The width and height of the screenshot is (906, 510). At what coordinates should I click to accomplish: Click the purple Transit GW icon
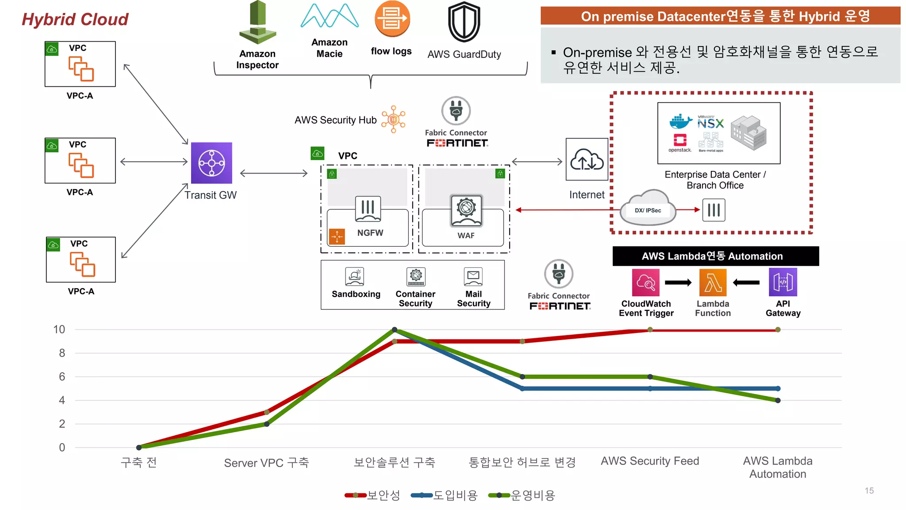211,162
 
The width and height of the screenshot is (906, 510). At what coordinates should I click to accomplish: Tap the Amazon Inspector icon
257,22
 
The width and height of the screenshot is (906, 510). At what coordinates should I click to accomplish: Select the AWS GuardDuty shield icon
464,22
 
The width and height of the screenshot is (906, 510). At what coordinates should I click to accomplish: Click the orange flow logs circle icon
392,19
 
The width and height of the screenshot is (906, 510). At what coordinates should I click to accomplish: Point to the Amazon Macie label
330,48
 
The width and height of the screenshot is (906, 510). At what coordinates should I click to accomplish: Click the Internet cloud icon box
587,159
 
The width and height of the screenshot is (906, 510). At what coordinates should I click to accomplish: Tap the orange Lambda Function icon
713,282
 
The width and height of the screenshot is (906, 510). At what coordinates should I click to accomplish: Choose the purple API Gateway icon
783,282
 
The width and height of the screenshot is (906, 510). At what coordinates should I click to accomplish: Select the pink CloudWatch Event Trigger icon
646,282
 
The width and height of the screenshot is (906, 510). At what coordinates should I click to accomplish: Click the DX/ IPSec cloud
648,209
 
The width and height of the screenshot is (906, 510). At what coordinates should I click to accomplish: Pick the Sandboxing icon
355,277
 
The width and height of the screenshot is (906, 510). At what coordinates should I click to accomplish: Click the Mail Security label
473,299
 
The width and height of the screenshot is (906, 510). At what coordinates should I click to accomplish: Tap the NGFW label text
370,233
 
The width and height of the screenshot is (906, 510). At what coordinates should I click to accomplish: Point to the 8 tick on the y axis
62,353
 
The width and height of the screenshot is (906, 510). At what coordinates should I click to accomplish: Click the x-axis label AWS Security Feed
650,461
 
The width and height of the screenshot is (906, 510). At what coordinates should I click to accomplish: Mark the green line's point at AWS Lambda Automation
778,400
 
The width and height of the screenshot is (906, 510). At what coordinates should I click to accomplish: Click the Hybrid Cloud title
75,19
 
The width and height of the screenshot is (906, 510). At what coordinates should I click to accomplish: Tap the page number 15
869,491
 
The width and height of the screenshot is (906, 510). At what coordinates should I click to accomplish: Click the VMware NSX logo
710,122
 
